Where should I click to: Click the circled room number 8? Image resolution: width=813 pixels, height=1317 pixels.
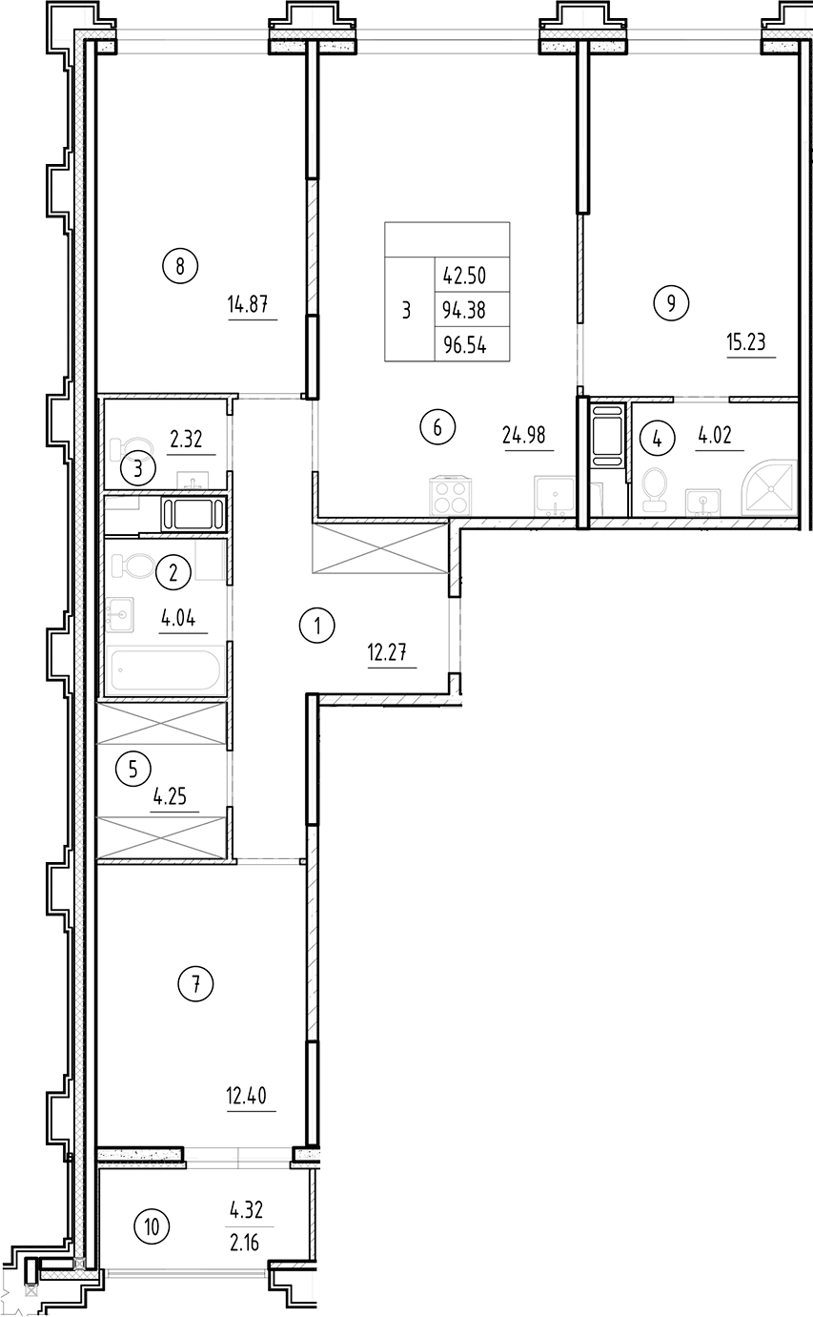tap(179, 265)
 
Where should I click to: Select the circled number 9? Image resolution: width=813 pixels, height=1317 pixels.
tap(671, 304)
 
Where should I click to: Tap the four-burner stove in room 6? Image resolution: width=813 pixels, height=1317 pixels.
tap(451, 495)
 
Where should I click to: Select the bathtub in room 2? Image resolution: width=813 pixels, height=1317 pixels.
tap(168, 670)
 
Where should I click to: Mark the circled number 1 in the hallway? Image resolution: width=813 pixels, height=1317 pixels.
tap(316, 627)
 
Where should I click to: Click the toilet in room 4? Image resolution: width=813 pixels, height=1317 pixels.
tap(654, 485)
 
